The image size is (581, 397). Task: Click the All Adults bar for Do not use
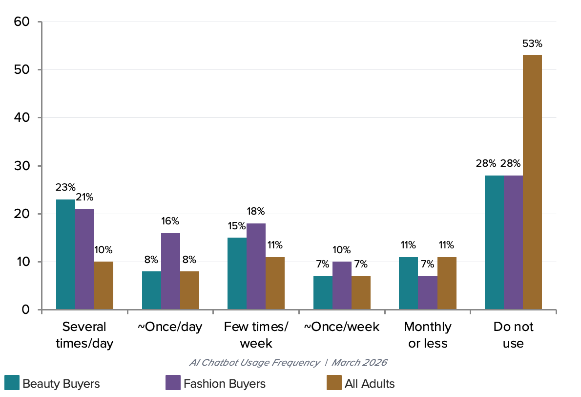(x=532, y=182)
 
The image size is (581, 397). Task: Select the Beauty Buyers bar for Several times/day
(x=65, y=254)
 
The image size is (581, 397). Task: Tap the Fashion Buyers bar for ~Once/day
(x=170, y=271)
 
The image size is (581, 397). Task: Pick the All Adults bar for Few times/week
(x=275, y=283)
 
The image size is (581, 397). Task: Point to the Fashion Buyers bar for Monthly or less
(x=428, y=293)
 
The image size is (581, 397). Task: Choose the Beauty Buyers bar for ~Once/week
(x=323, y=293)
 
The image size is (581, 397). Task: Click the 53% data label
(x=532, y=44)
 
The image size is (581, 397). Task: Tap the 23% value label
(x=65, y=187)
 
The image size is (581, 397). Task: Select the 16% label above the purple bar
(x=170, y=221)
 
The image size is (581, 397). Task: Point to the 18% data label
(x=256, y=211)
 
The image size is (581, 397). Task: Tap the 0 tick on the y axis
(x=25, y=309)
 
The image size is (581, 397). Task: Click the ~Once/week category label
(x=342, y=327)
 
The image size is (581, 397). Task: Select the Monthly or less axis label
(x=428, y=335)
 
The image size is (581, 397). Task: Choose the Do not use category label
(x=513, y=335)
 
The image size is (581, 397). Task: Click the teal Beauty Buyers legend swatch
(x=12, y=383)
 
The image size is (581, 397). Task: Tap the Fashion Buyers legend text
(x=225, y=384)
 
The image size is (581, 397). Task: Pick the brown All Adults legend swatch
(x=334, y=383)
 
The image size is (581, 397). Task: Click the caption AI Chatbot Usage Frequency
(x=254, y=362)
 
